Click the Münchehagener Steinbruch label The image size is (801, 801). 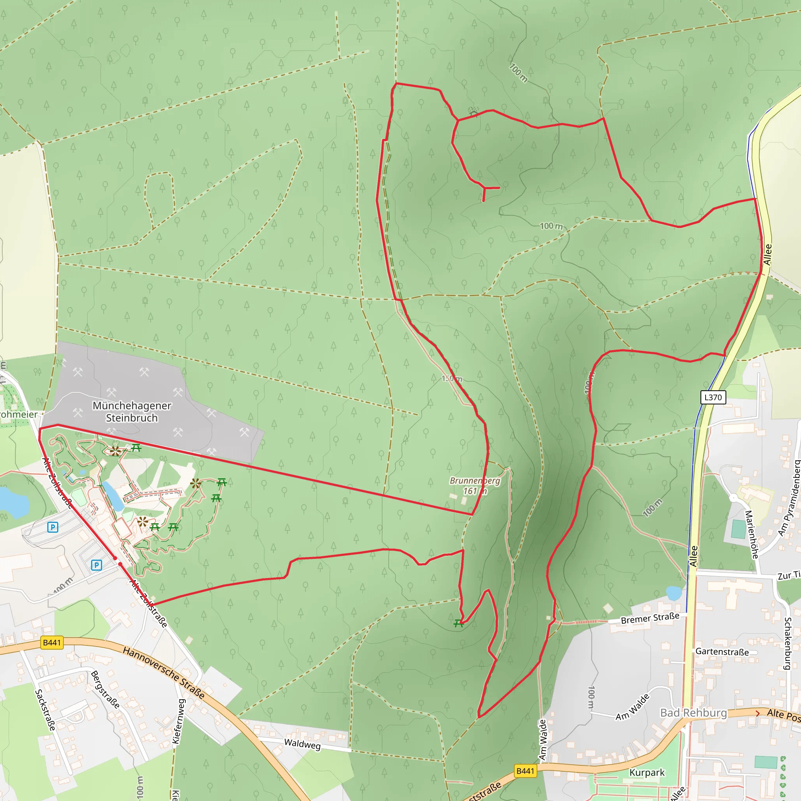pyautogui.click(x=132, y=411)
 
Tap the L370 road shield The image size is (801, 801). pyautogui.click(x=713, y=397)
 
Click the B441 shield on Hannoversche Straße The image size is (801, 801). pyautogui.click(x=52, y=643)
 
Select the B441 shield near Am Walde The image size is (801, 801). pyautogui.click(x=525, y=771)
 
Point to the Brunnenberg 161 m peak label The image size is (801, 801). pyautogui.click(x=475, y=486)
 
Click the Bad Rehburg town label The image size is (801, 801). pyautogui.click(x=693, y=713)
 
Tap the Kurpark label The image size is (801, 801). pyautogui.click(x=647, y=772)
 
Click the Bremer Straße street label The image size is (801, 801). pyautogui.click(x=650, y=618)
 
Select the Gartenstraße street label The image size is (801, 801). pyautogui.click(x=722, y=652)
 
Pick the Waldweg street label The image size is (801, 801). pyautogui.click(x=302, y=744)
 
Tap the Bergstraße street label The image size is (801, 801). pyautogui.click(x=105, y=690)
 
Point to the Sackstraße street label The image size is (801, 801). pyautogui.click(x=45, y=710)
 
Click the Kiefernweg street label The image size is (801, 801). pyautogui.click(x=179, y=721)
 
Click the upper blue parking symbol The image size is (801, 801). pyautogui.click(x=53, y=527)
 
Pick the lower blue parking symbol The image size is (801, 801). pyautogui.click(x=96, y=565)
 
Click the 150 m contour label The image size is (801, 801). pyautogui.click(x=451, y=379)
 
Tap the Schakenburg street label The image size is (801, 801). pyautogui.click(x=788, y=643)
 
